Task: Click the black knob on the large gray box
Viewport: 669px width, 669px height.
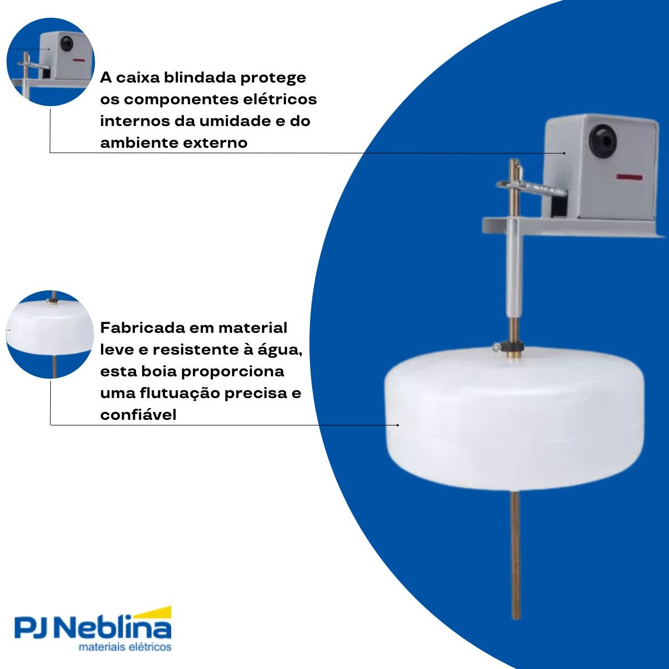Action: [x=603, y=140]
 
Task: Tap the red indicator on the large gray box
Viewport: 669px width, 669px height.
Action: [x=629, y=177]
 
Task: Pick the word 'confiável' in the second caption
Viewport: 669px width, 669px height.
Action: [x=138, y=415]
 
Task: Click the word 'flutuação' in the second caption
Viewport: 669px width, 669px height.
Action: [x=180, y=394]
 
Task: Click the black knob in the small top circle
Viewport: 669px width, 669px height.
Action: [x=66, y=43]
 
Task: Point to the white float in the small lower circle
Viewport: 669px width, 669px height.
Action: [x=50, y=329]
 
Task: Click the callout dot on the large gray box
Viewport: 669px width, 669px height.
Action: [x=564, y=153]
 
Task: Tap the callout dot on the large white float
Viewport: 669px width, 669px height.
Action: [x=398, y=425]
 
